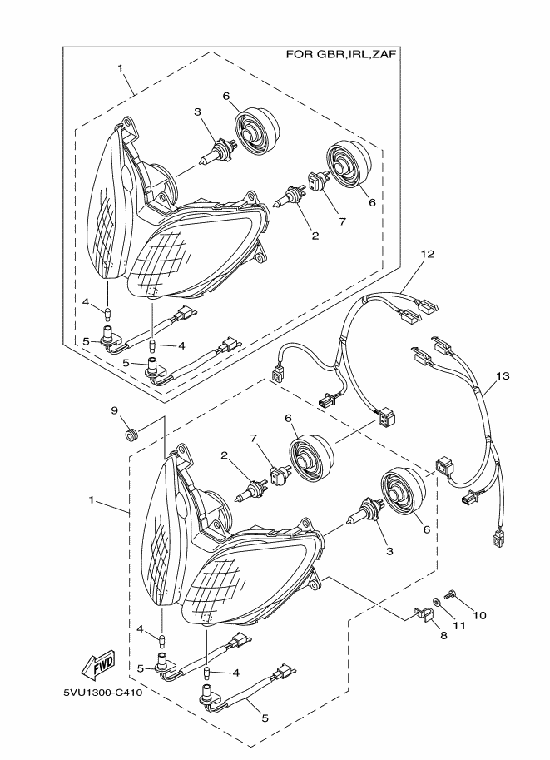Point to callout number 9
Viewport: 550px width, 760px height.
[116, 410]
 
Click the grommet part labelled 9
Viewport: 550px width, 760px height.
[131, 435]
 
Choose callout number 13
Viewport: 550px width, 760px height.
[501, 376]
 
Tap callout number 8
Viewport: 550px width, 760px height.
[443, 635]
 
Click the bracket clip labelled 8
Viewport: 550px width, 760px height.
[423, 618]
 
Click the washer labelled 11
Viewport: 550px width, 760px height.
[437, 601]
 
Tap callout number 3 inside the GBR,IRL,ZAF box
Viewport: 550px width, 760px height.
[197, 112]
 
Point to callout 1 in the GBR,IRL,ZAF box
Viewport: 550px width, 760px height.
[121, 67]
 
